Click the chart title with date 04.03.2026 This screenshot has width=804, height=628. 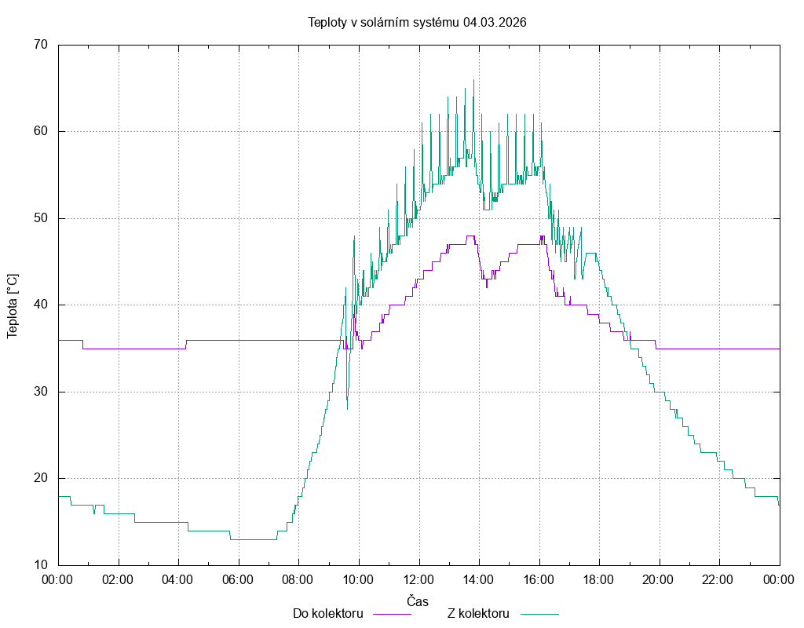coord(417,22)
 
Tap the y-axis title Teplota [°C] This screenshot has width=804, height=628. coord(13,305)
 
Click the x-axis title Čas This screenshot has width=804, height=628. coord(418,601)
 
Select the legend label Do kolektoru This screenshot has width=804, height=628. coord(327,613)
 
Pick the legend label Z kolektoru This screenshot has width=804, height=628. coord(479,613)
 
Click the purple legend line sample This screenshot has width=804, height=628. coord(391,614)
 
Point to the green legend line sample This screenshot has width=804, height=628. coord(538,614)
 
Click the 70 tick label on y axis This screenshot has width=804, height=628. coord(42,45)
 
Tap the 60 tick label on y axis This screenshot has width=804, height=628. coord(42,131)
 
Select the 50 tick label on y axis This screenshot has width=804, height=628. coord(42,218)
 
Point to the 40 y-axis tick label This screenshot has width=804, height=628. coord(42,305)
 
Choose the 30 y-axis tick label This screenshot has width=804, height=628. coord(42,392)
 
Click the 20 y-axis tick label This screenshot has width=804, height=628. coord(42,478)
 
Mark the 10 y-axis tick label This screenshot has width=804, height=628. coord(42,565)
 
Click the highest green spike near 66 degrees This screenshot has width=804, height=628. coord(473,81)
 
